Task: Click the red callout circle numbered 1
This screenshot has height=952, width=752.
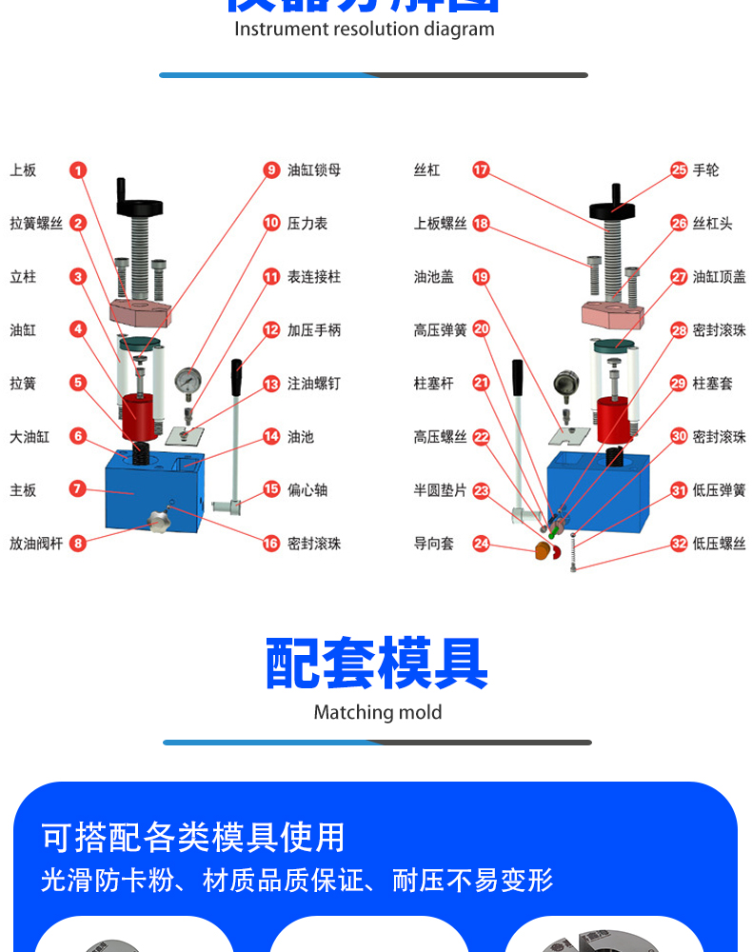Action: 78,170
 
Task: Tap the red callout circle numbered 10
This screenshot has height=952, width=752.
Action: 272,224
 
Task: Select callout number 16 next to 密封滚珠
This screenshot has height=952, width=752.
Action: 272,544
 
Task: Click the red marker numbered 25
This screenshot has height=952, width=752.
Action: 678,170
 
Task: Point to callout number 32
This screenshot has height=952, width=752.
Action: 678,544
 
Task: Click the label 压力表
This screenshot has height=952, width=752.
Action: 307,224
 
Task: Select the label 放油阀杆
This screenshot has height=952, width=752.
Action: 36,544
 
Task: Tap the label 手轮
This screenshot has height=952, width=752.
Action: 706,170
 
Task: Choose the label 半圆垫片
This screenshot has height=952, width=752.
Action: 441,490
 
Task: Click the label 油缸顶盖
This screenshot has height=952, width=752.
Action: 720,277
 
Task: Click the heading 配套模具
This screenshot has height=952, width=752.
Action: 377,664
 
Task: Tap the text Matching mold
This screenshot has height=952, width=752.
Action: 378,712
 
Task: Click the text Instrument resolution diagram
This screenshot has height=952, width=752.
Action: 365,29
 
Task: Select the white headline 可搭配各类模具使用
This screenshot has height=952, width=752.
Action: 193,837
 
